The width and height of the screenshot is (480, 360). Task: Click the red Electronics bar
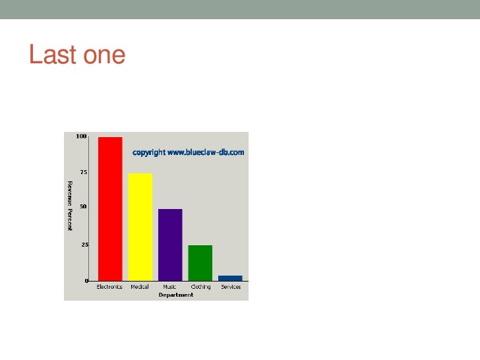110,208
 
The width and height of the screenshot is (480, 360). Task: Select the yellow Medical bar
140,226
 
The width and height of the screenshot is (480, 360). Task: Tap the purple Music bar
170,244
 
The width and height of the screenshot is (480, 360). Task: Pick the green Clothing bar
200,262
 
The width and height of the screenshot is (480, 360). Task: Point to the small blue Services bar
230,278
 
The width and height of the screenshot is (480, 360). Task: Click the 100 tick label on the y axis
81,136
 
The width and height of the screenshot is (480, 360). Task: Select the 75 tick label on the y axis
84,171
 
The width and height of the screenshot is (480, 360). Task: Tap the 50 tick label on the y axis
84,206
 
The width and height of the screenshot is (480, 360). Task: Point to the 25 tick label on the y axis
84,245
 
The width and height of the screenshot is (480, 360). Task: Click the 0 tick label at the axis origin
86,281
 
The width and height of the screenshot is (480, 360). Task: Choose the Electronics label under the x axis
109,287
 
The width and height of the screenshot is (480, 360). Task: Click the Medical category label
140,287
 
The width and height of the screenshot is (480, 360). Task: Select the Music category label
169,287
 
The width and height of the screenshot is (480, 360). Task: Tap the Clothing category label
200,287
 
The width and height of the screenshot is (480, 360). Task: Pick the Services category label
231,287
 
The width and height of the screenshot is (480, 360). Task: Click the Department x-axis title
176,295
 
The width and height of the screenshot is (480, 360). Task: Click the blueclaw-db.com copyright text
189,152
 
